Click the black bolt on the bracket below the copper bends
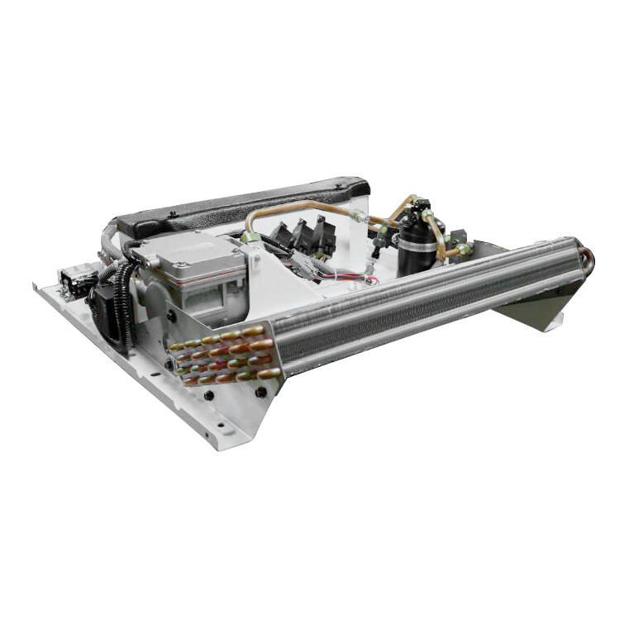click(261, 392)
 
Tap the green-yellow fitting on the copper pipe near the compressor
click(248, 238)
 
